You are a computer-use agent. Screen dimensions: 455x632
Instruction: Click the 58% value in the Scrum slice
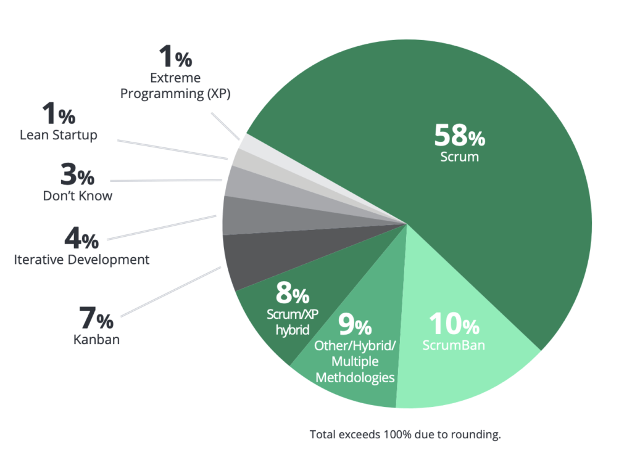point(459,135)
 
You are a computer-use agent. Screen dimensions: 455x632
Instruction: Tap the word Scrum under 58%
point(459,157)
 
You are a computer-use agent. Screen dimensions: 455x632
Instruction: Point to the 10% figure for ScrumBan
point(454,325)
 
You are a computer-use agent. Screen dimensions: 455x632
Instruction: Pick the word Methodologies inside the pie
point(355,377)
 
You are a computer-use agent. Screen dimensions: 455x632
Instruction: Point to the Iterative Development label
point(81,260)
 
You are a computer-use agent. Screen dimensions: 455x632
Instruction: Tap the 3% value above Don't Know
point(78,176)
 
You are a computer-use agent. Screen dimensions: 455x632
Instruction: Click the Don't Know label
point(78,196)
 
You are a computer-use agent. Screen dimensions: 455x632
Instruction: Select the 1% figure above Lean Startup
point(59,115)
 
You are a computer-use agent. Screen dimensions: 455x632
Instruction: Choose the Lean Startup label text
point(59,135)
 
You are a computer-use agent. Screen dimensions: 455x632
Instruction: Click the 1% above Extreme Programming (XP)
point(176,57)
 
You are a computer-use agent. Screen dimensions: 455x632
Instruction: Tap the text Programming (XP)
point(180,94)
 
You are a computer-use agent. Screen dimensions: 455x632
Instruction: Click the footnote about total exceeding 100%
point(405,434)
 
